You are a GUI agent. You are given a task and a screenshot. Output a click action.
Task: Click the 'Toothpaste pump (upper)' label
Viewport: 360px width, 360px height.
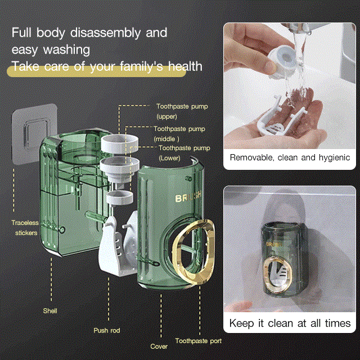182,111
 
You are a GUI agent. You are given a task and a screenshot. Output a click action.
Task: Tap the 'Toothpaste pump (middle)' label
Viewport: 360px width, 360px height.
179,134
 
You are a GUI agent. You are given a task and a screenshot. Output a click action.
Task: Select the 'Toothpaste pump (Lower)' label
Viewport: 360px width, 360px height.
184,153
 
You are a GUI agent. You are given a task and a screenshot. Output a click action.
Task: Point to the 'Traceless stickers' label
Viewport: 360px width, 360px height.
25,228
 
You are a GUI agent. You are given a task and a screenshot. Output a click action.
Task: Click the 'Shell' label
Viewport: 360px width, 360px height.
50,311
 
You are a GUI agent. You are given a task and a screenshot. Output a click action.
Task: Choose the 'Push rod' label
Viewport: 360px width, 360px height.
107,330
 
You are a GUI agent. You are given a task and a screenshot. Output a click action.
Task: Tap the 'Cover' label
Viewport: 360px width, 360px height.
159,346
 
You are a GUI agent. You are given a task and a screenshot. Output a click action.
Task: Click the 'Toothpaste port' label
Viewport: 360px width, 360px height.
199,341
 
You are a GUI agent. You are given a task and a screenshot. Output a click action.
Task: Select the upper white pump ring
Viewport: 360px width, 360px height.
119,144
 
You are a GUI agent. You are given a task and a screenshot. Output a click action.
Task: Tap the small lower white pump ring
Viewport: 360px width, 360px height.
120,197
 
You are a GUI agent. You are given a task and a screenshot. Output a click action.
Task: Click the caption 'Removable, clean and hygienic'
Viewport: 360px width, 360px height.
290,157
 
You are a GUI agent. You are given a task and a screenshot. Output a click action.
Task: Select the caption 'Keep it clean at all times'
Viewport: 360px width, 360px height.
290,323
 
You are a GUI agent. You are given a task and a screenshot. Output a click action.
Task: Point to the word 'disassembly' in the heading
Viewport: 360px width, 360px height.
105,33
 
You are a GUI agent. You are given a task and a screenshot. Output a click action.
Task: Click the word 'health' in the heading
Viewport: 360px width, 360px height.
185,66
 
